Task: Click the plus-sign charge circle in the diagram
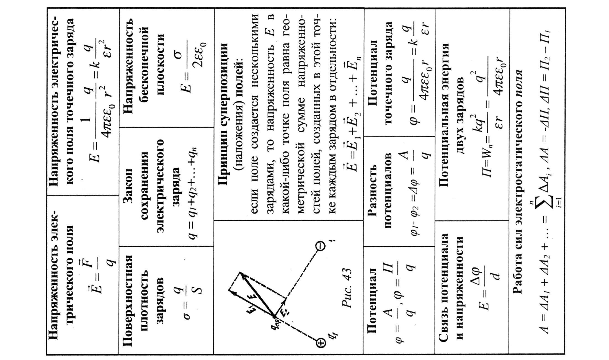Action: click(x=321, y=343)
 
